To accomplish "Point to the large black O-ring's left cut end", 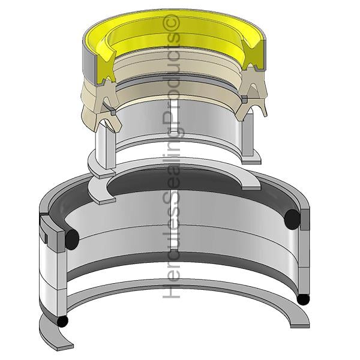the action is (72, 239).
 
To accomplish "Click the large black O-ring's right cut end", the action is (292, 219).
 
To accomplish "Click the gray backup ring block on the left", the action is (53, 231).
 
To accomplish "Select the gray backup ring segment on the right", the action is (305, 219).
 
